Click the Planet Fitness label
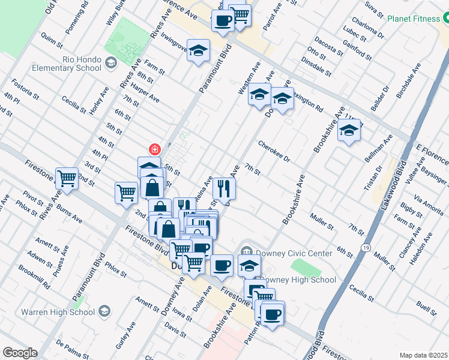tap(414, 19)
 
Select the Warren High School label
tap(58, 311)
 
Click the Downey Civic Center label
tap(286, 253)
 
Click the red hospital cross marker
tap(154, 149)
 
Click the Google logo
tap(20, 353)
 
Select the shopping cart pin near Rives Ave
tap(67, 178)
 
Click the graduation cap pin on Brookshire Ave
tap(349, 131)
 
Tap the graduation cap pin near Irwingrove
tap(197, 51)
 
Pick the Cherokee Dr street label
tap(274, 152)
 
